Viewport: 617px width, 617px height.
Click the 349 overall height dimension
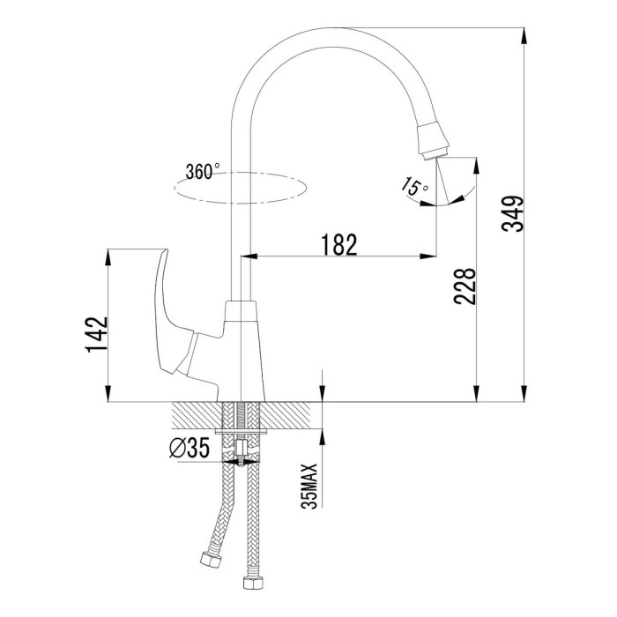[x=513, y=213]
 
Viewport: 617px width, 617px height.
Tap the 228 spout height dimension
[x=465, y=286]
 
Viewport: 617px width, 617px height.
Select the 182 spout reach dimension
[x=339, y=244]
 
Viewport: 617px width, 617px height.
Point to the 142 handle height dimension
[x=96, y=334]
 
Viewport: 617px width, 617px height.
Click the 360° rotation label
[x=203, y=171]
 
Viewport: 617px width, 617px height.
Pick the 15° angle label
[x=415, y=186]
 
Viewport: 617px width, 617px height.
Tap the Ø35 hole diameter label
[x=190, y=448]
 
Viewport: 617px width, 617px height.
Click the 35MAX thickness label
[x=309, y=487]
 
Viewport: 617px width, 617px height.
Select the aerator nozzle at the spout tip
[x=433, y=140]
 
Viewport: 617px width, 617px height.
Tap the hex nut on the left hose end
[x=210, y=560]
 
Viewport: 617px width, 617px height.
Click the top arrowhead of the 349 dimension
[x=524, y=36]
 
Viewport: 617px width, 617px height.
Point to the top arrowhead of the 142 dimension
[x=108, y=257]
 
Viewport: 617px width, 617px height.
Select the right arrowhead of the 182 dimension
[x=428, y=256]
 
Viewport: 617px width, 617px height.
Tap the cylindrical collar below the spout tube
[x=241, y=311]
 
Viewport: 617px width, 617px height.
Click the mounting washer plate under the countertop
[x=242, y=432]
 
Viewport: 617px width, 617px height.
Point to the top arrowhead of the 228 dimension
[x=477, y=166]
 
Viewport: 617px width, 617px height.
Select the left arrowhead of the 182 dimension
[x=249, y=256]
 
